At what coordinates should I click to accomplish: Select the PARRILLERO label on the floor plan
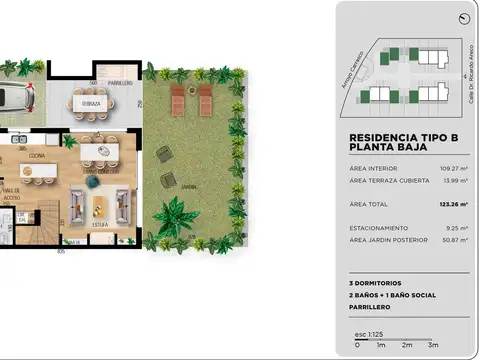pos(120,83)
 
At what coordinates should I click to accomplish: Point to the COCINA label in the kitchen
pos(35,156)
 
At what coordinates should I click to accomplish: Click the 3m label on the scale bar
pos(432,345)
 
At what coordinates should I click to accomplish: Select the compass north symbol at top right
pos(463,19)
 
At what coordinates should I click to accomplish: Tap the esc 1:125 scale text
pos(368,333)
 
